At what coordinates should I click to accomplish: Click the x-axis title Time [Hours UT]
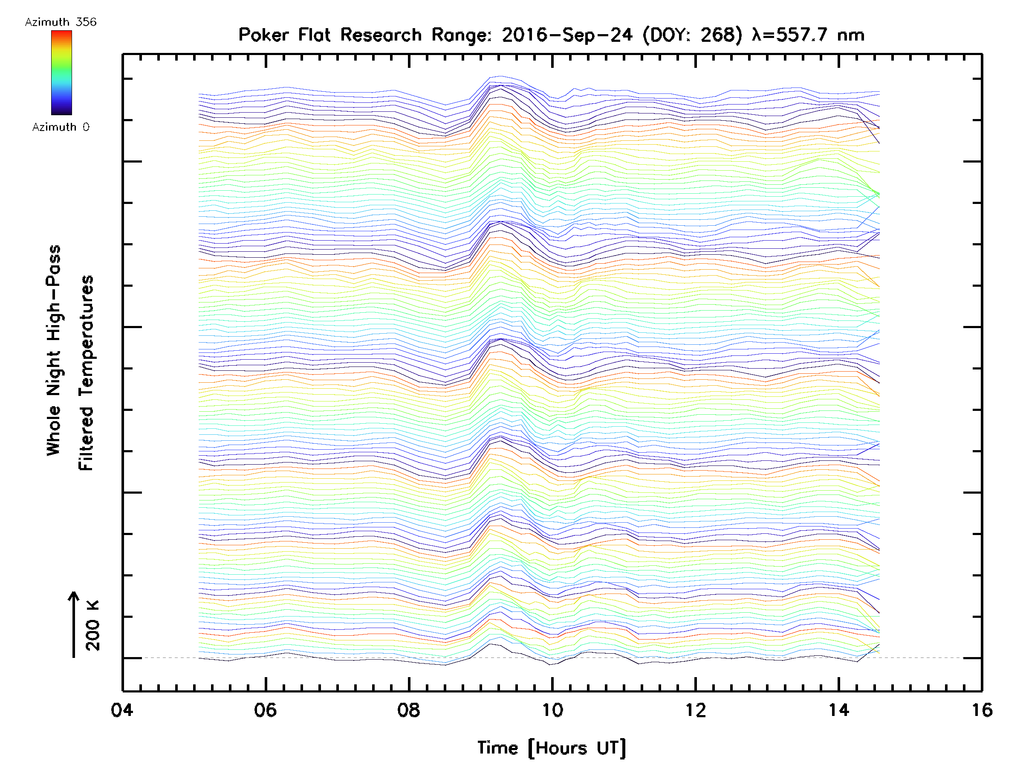click(x=552, y=748)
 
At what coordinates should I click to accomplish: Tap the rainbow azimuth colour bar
click(x=61, y=73)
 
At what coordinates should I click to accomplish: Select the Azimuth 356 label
click(x=61, y=22)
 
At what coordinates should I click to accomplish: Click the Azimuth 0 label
click(x=61, y=127)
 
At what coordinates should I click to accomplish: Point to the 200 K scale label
click(x=93, y=625)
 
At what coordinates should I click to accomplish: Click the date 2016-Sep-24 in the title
click(x=567, y=35)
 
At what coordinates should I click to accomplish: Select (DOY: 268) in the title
click(x=693, y=35)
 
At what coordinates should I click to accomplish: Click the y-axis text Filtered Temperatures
click(x=86, y=373)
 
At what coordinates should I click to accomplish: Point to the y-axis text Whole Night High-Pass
click(x=54, y=350)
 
